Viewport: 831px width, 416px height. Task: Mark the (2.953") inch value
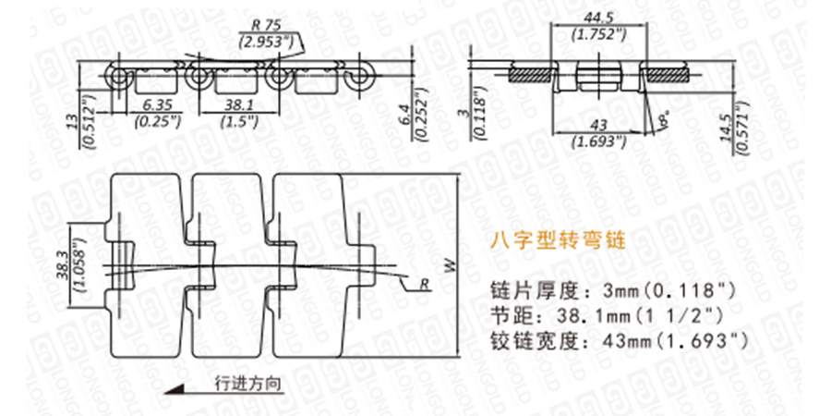pyautogui.click(x=266, y=42)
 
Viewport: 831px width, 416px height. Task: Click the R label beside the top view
pyautogui.click(x=424, y=282)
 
